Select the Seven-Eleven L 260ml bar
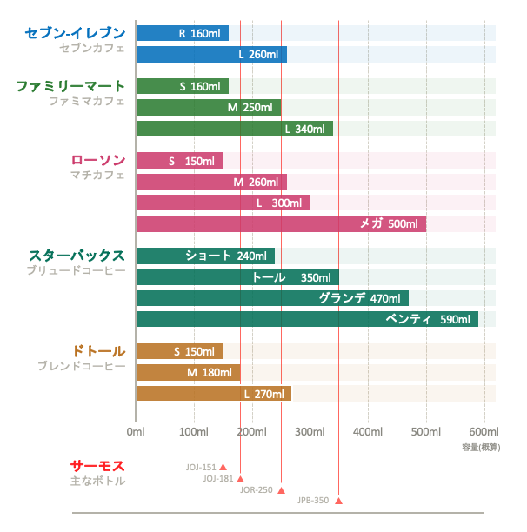click(x=211, y=55)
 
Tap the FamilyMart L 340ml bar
click(x=234, y=129)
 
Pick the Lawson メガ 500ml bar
click(x=281, y=224)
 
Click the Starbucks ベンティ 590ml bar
click(x=307, y=319)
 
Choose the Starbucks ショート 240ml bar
click(x=205, y=256)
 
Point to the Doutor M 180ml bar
click(x=188, y=373)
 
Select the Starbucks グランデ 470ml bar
click(x=272, y=298)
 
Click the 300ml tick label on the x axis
click(x=310, y=431)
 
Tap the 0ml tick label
click(x=136, y=431)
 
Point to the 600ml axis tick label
click(x=484, y=431)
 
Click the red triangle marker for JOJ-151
click(x=223, y=467)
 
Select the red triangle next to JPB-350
click(x=339, y=501)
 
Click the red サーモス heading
click(x=97, y=466)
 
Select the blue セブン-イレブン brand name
click(x=76, y=33)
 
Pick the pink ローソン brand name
click(x=97, y=160)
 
